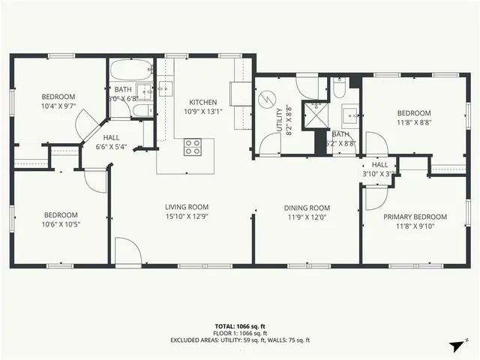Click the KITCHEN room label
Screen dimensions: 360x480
[202, 103]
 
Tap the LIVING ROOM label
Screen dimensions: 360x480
[187, 207]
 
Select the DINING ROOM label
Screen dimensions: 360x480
[307, 208]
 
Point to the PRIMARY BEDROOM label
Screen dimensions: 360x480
[415, 217]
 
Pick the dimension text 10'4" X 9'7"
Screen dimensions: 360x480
[58, 106]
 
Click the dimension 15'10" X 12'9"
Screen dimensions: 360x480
[187, 216]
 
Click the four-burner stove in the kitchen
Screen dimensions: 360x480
[193, 147]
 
